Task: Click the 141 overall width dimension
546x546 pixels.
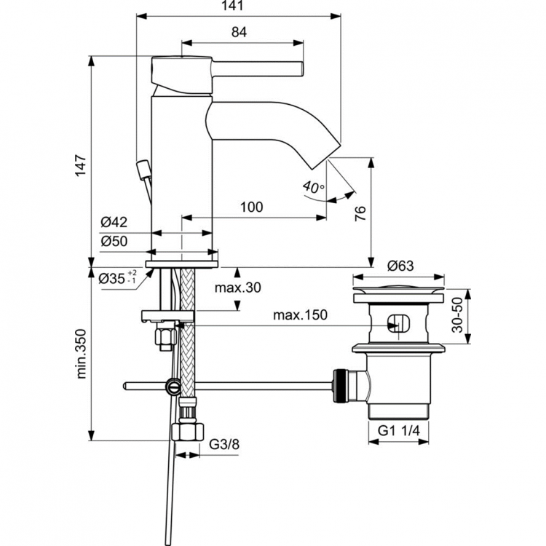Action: click(240, 6)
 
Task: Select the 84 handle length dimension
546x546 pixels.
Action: click(240, 32)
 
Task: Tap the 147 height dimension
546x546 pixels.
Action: click(81, 165)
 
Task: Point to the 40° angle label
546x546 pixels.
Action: click(314, 188)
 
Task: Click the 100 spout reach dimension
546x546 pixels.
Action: click(250, 207)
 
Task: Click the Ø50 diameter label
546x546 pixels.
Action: click(114, 240)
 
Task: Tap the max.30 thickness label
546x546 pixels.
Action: click(237, 288)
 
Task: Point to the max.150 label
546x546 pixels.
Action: click(299, 315)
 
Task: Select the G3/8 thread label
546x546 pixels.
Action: click(224, 444)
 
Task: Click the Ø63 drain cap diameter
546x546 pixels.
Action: click(400, 266)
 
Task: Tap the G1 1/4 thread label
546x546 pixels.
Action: click(398, 431)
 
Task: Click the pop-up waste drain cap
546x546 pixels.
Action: click(398, 295)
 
